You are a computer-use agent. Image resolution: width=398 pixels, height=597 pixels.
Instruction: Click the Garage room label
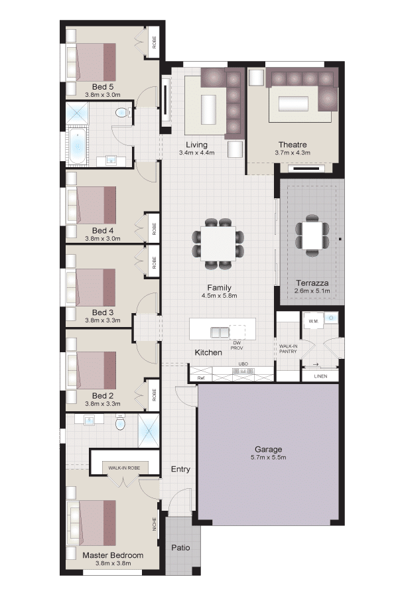pos(268,449)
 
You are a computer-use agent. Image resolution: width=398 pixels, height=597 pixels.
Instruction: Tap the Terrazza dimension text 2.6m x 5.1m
pos(312,291)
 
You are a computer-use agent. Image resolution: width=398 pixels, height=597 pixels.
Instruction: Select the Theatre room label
pos(293,145)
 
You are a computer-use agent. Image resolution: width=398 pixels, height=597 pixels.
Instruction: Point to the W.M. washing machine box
pos(314,320)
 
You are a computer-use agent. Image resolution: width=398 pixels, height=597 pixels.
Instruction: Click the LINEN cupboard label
pos(320,376)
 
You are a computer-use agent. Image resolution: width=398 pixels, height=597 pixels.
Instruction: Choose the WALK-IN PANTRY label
pos(288,349)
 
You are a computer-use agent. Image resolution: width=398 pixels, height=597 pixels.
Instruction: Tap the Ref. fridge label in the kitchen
pos(201,378)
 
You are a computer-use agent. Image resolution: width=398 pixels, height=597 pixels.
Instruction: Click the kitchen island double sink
pos(220,332)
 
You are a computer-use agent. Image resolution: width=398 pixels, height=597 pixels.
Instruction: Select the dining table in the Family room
pos(218,244)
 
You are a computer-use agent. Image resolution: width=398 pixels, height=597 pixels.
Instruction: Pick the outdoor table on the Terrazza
pos(312,235)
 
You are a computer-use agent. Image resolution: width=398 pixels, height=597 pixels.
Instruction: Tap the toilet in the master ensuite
pos(120,423)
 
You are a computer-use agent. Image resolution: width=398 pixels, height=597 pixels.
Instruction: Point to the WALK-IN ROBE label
pos(124,468)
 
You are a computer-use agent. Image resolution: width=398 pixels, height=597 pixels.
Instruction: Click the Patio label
pos(180,547)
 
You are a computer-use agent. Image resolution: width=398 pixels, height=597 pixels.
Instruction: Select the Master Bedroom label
pos(113,555)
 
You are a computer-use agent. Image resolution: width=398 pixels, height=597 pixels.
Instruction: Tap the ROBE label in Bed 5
pos(155,42)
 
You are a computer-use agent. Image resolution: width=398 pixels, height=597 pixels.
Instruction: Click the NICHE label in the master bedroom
pos(155,524)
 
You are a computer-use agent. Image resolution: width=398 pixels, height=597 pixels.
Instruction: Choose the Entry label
pos(180,469)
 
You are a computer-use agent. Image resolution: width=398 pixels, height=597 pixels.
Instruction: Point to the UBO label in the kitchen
pos(243,364)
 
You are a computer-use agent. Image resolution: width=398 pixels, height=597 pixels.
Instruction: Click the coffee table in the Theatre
pos(293,103)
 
